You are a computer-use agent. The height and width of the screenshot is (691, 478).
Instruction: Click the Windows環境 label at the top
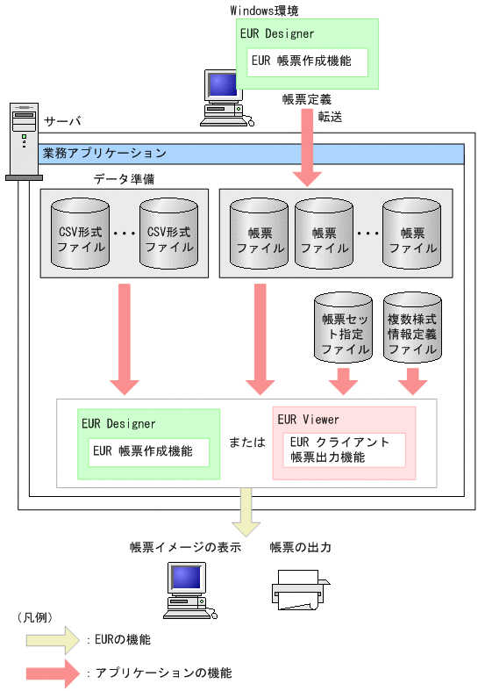(x=265, y=10)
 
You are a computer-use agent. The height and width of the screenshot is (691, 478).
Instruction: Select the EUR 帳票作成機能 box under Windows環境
(x=307, y=62)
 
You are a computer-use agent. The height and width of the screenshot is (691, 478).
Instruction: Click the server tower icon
(x=24, y=140)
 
